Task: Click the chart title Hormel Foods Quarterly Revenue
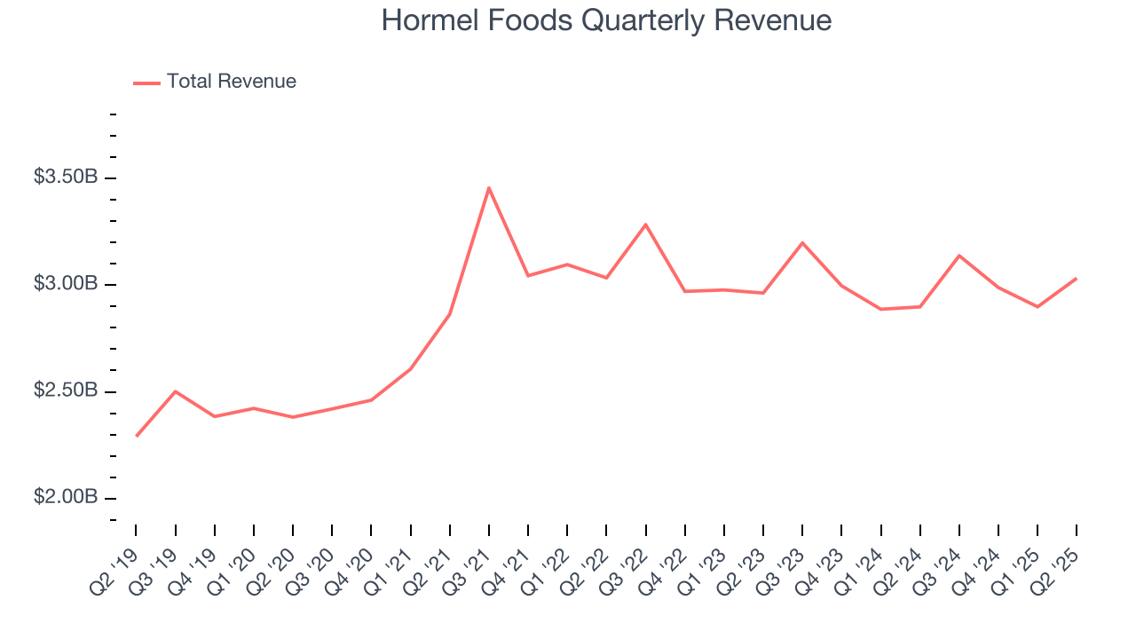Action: (x=606, y=20)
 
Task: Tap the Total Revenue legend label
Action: (x=231, y=82)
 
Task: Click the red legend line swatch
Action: (x=146, y=83)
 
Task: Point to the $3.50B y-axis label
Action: (x=66, y=177)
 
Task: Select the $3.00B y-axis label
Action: (x=66, y=284)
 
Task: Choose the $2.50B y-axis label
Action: (x=66, y=390)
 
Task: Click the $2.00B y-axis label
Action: (x=66, y=497)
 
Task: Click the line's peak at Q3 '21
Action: (x=489, y=187)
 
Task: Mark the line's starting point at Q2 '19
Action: (x=137, y=436)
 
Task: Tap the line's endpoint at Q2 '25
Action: (x=1077, y=279)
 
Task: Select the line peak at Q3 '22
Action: (x=646, y=225)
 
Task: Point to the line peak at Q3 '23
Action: (x=802, y=242)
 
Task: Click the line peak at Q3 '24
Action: (x=959, y=256)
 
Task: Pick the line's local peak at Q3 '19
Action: (x=176, y=391)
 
